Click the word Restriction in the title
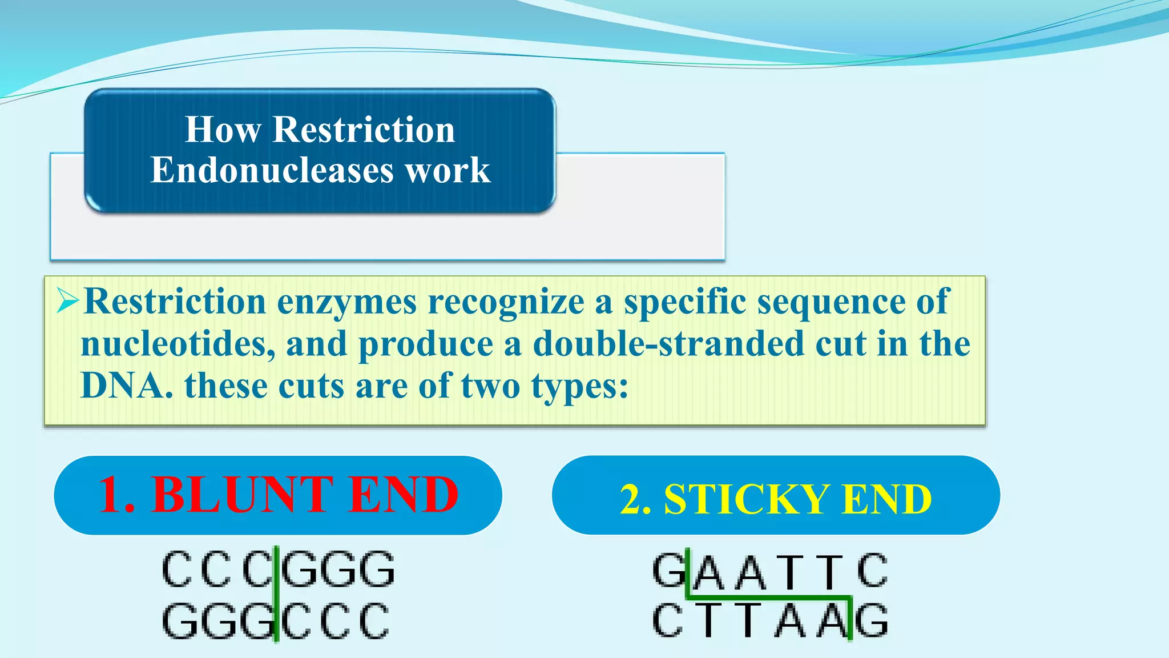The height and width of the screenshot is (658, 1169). [364, 129]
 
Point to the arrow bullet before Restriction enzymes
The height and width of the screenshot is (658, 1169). [67, 300]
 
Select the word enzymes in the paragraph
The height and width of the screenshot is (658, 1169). [346, 302]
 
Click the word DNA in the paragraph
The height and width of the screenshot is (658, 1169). [126, 386]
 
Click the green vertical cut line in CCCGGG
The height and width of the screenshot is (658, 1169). [276, 594]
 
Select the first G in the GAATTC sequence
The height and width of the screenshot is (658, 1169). [668, 570]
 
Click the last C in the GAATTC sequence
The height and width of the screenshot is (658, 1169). [872, 570]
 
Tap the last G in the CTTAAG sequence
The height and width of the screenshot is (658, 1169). [872, 620]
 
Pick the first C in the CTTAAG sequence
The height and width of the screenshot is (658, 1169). [668, 620]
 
